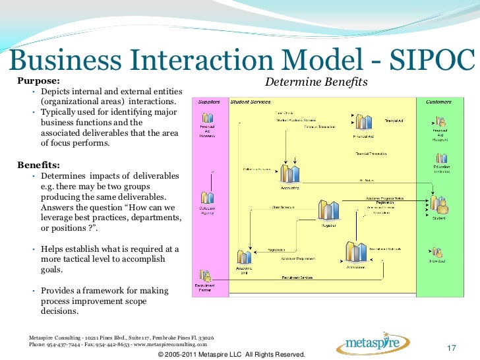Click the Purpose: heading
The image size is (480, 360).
(38, 81)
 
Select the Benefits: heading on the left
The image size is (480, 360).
(39, 164)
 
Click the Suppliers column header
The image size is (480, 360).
(208, 102)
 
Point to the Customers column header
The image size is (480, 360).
(438, 102)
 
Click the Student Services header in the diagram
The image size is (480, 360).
(251, 102)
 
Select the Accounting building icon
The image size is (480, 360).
(290, 173)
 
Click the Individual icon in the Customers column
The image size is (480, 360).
(438, 252)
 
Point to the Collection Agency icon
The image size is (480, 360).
(208, 198)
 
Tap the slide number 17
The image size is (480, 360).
(452, 347)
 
